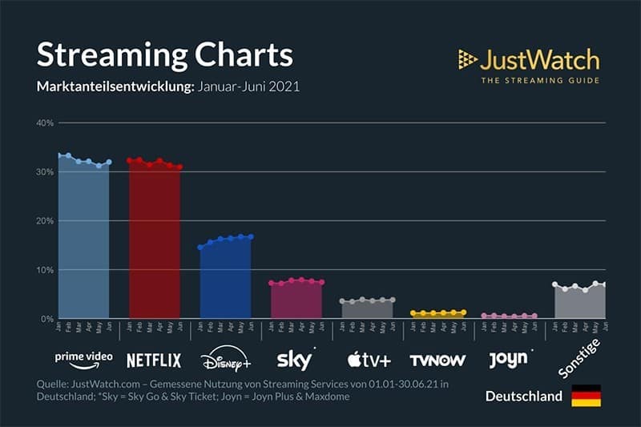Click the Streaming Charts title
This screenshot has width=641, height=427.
[x=165, y=54]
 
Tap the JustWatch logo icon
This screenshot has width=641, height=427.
[x=467, y=58]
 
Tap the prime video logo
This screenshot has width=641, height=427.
[x=83, y=357]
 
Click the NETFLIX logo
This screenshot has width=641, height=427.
[x=154, y=360]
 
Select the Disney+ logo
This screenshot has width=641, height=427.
[x=225, y=357]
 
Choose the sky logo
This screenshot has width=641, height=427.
[x=294, y=358]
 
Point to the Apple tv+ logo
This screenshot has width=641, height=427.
[x=369, y=360]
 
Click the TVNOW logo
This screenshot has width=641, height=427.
[x=437, y=360]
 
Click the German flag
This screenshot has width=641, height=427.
[x=586, y=396]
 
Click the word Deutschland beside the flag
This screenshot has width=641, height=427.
[x=523, y=397]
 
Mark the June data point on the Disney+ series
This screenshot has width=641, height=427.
[x=251, y=236]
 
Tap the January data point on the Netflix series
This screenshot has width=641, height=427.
[x=130, y=160]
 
